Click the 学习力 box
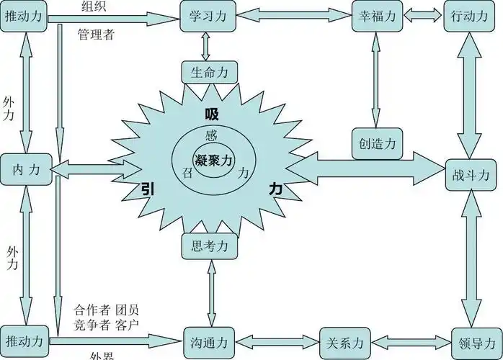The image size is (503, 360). click(x=208, y=16)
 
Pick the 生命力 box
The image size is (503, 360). click(x=208, y=72)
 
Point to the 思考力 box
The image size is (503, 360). click(x=208, y=246)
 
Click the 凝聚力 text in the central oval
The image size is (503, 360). click(x=213, y=160)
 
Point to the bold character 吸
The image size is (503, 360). click(x=211, y=114)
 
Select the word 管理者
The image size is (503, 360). click(x=96, y=34)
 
